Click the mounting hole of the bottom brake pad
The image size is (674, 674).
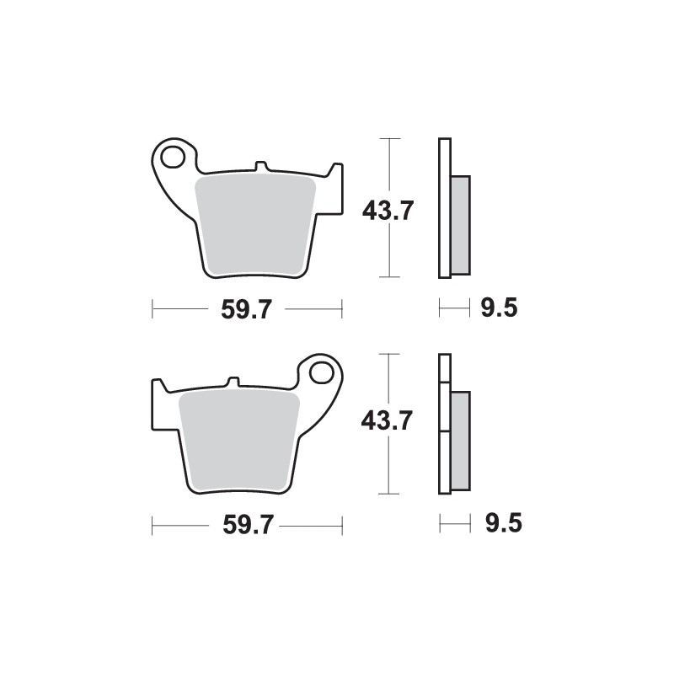(x=321, y=372)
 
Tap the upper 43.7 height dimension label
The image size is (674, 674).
(x=387, y=209)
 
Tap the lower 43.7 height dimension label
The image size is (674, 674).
(x=387, y=420)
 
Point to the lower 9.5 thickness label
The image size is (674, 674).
(x=504, y=525)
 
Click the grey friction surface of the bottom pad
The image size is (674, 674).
(x=241, y=438)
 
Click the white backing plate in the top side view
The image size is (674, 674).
(x=442, y=207)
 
